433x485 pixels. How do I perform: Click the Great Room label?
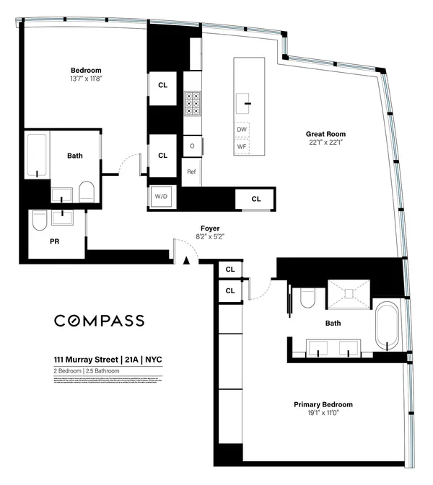pos(325,133)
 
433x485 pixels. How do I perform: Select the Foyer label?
pos(210,228)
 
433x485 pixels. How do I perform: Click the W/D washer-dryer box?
pos(160,196)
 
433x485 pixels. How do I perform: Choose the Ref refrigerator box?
pos(191,172)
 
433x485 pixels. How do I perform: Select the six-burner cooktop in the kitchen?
pos(193,104)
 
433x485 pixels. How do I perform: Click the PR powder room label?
pos(54,242)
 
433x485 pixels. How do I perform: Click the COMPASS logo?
pos(100,321)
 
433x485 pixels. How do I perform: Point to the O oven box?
pos(191,146)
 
